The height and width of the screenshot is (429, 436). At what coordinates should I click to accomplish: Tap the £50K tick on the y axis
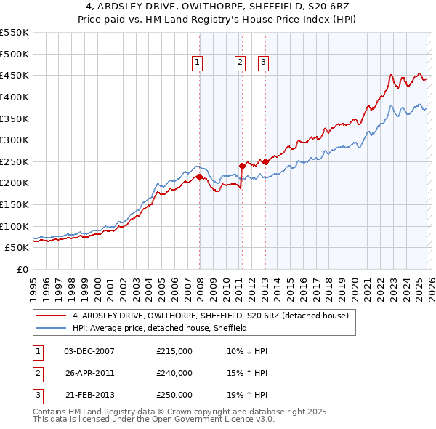(17, 248)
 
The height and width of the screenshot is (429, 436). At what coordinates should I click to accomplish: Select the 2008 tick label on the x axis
(200, 284)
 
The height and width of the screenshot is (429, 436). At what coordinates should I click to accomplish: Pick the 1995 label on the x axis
(33, 284)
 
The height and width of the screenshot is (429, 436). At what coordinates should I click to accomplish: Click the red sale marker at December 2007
(199, 177)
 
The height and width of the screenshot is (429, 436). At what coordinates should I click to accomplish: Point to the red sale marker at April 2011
(242, 166)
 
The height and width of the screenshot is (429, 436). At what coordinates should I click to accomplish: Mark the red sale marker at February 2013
(265, 161)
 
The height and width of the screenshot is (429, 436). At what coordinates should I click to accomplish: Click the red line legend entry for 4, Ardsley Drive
(211, 316)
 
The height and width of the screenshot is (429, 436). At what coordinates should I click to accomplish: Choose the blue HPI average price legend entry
(160, 328)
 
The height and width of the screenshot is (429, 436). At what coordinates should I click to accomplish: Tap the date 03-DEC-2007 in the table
(89, 351)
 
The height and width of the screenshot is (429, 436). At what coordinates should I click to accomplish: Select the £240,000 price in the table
(174, 373)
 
